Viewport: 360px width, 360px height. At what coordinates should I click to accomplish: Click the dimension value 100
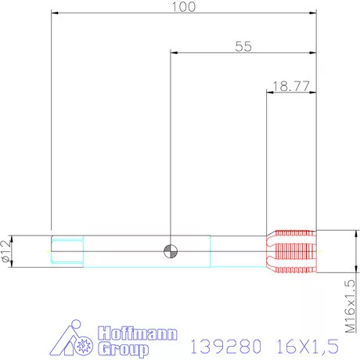[x=184, y=6]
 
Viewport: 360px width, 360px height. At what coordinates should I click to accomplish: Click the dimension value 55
[x=243, y=46]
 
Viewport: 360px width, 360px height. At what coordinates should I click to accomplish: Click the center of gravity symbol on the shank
[x=170, y=251]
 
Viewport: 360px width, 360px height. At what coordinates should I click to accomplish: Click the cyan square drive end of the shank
[x=67, y=251]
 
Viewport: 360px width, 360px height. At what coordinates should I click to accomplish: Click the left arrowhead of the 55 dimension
[x=174, y=53]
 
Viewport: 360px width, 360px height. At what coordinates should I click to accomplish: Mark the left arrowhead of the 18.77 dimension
[x=270, y=93]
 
